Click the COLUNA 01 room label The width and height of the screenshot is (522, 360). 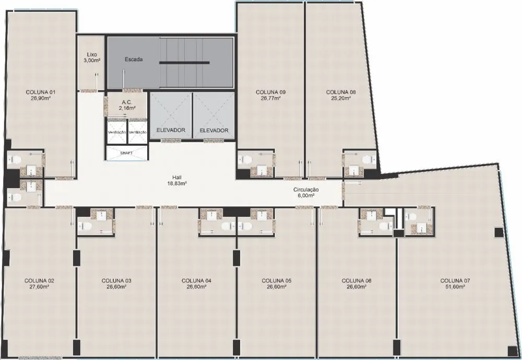[40, 92]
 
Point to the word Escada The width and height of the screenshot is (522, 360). [134, 60]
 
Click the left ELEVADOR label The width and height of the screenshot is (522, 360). [171, 130]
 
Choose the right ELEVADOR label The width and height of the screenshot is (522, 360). [214, 130]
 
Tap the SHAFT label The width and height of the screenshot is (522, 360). [126, 153]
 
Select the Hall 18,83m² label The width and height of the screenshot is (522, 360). [177, 180]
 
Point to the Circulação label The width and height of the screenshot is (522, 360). [306, 190]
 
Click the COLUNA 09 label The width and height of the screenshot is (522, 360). [270, 92]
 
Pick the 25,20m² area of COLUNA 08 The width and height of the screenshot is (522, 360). [341, 98]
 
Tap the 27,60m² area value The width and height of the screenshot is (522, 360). [39, 286]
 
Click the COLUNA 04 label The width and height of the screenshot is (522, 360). [196, 281]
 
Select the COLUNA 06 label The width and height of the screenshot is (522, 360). [357, 281]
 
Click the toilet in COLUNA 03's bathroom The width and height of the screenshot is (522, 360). [85, 227]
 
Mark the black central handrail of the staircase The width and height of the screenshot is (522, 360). [184, 62]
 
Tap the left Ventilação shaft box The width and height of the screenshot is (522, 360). [117, 131]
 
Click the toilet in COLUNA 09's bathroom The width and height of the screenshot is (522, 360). [245, 159]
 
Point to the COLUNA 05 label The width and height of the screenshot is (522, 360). [276, 281]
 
